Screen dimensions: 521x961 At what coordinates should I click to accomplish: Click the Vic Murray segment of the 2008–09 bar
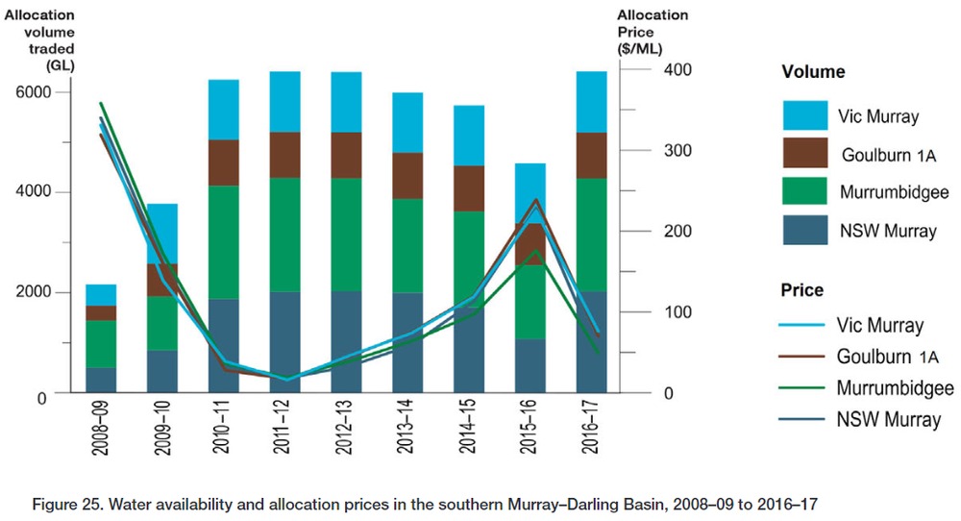tap(101, 294)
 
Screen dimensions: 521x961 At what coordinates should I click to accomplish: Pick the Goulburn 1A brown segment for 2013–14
tap(407, 175)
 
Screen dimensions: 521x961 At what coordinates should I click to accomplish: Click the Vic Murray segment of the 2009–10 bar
tap(161, 233)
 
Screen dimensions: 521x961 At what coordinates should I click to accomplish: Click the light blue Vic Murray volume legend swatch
tap(805, 115)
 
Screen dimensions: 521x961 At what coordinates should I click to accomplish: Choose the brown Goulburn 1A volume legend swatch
tap(805, 154)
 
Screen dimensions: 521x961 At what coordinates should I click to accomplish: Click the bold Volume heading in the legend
tap(813, 72)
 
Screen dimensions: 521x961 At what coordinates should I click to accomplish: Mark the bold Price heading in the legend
tap(802, 289)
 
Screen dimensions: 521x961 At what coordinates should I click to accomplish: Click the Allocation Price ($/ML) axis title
tap(653, 31)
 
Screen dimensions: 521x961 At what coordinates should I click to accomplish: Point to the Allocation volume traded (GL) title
tap(45, 37)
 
